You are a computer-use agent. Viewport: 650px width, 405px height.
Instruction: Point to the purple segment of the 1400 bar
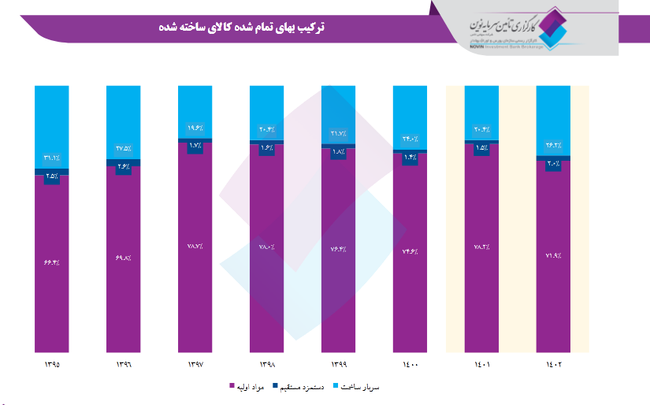(410, 299)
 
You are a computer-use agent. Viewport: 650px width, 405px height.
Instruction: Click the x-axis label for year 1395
(52, 365)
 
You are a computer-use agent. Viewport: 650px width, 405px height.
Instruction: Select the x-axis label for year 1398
(266, 365)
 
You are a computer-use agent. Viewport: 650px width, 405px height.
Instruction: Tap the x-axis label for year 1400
(410, 365)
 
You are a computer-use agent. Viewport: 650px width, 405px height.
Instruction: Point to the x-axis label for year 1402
(553, 365)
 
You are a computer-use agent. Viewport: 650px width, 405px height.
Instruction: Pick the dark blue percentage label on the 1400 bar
(410, 157)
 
